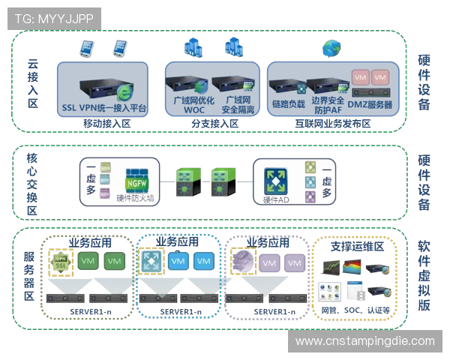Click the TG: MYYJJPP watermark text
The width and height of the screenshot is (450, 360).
point(52,17)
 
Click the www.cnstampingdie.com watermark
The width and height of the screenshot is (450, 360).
point(364,341)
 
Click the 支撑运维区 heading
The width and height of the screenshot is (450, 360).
point(352,245)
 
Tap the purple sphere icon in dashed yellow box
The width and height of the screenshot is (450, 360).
point(242,261)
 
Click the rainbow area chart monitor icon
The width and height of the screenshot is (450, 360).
point(353,268)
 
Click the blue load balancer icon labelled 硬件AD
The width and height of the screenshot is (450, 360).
point(274,178)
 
